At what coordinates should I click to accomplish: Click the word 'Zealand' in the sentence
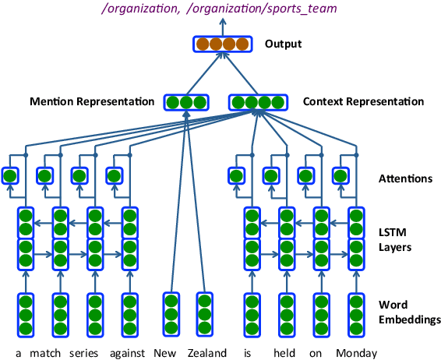pyautogui.click(x=206, y=352)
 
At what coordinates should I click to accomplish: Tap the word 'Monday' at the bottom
pyautogui.click(x=357, y=352)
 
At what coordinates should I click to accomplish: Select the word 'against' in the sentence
pyautogui.click(x=130, y=352)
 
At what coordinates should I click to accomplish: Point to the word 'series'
pyautogui.click(x=94, y=352)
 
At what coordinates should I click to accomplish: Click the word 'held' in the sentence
pyautogui.click(x=284, y=352)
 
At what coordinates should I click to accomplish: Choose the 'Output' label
pyautogui.click(x=283, y=44)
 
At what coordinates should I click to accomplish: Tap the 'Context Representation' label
pyautogui.click(x=363, y=102)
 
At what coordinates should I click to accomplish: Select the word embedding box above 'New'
pyautogui.click(x=169, y=312)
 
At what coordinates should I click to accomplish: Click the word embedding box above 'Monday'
pyautogui.click(x=355, y=312)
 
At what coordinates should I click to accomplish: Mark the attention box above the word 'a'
pyautogui.click(x=10, y=177)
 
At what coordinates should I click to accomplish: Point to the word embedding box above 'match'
pyautogui.click(x=60, y=312)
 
